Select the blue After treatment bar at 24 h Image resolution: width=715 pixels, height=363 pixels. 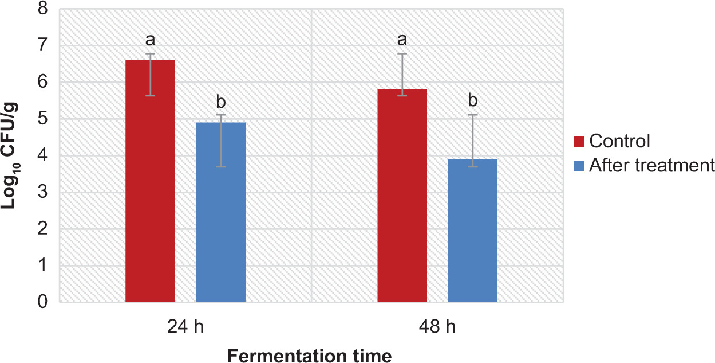(x=221, y=212)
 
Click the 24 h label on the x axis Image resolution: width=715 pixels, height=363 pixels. (x=185, y=327)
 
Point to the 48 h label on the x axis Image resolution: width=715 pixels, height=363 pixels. (x=437, y=327)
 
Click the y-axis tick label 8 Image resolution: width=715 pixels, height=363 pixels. (x=44, y=9)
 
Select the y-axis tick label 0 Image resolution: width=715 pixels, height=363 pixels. (x=44, y=302)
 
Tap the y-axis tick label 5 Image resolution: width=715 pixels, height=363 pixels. (x=44, y=119)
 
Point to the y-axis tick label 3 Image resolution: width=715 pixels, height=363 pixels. (x=44, y=193)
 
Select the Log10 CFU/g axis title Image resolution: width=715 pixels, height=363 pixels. (x=14, y=155)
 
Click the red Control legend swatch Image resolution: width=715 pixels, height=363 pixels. (x=579, y=141)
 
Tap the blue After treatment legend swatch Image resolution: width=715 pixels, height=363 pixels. (x=579, y=166)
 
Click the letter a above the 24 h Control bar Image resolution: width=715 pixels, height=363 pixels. (x=150, y=40)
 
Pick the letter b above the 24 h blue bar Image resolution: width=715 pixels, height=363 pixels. (x=221, y=102)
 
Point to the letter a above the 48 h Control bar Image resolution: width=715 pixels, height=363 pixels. (x=402, y=40)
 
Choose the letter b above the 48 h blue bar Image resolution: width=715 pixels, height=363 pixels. (x=473, y=101)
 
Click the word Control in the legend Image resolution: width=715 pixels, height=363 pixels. (x=620, y=141)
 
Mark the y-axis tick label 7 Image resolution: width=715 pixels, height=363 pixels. (x=44, y=46)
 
